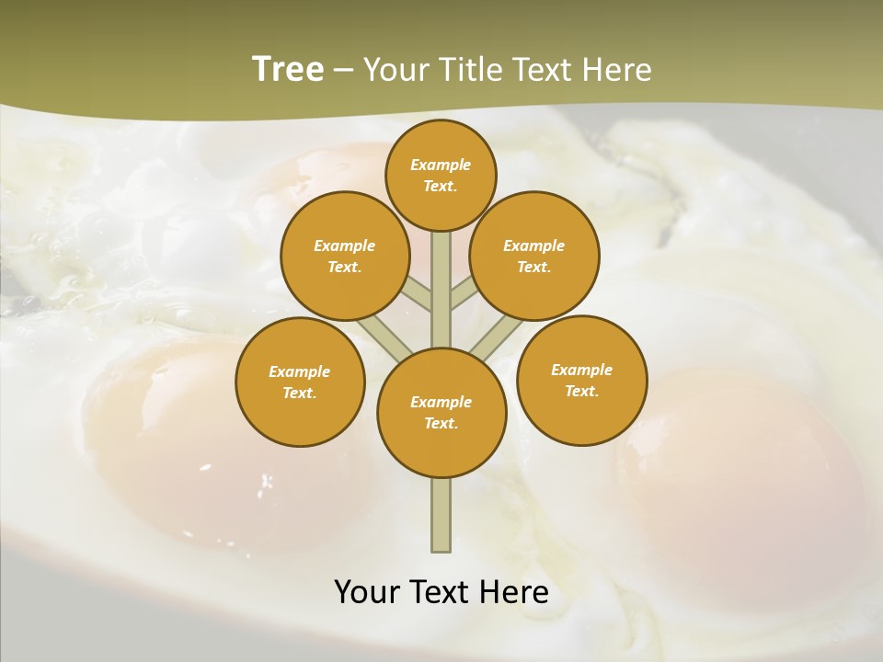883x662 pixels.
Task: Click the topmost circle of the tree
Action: point(441,175)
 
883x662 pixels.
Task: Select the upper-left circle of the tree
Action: point(344,257)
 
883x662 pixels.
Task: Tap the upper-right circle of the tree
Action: point(533,257)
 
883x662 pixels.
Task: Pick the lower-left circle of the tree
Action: point(300,382)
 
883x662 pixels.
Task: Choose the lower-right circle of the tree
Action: point(581,380)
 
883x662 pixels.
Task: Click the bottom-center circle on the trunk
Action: point(441,413)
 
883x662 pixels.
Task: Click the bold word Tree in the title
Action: point(288,69)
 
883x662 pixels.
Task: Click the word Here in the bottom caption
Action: point(515,592)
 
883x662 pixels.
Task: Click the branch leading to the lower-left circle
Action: point(384,335)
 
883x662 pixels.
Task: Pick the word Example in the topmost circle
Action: point(441,165)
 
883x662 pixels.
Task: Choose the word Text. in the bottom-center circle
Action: point(441,424)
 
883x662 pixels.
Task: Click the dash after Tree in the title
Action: point(342,71)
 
